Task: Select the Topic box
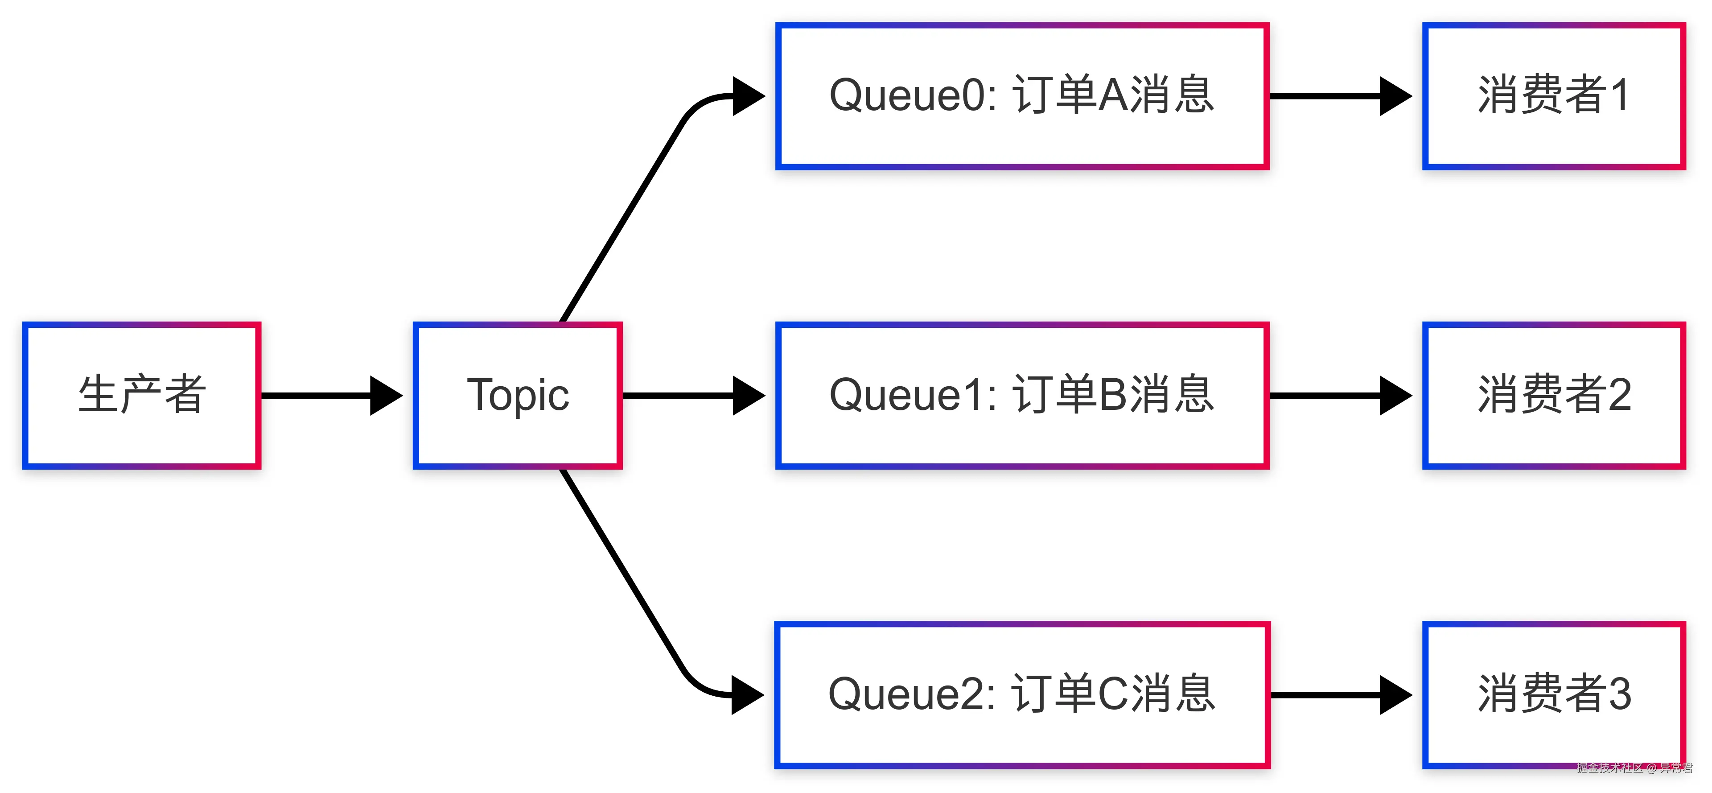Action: pos(517,396)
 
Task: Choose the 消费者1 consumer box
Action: pos(1553,96)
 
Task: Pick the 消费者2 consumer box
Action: pos(1553,396)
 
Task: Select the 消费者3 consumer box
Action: pos(1553,694)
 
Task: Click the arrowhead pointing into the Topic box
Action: pos(386,396)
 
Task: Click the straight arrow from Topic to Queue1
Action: pos(691,396)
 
